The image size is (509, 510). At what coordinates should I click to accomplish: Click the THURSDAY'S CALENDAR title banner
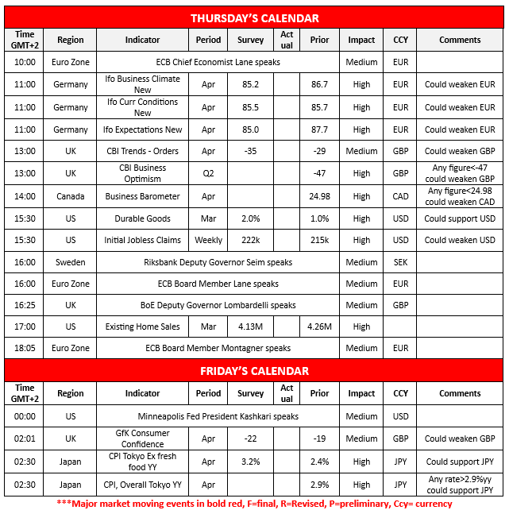point(254,17)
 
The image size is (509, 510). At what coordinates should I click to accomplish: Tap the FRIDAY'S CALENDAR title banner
point(254,370)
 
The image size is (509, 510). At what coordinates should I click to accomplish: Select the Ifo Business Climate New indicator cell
point(142,84)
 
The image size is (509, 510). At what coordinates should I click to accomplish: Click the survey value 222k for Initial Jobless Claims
point(251,240)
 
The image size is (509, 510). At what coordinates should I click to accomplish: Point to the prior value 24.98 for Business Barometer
point(319,196)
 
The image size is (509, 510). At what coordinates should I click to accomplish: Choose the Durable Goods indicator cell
point(142,218)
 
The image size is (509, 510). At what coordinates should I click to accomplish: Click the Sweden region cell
point(70,262)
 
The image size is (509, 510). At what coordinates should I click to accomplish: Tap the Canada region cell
point(70,196)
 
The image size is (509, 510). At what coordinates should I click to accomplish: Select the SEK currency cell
point(401,262)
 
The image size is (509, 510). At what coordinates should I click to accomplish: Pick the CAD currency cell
point(401,196)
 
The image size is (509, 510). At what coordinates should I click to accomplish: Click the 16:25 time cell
point(25,305)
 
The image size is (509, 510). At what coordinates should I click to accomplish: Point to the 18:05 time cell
point(25,348)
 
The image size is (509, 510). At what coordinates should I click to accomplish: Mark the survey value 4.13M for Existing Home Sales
point(251,326)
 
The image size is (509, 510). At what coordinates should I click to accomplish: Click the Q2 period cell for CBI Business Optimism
point(208,173)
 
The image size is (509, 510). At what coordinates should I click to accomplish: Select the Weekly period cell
point(208,240)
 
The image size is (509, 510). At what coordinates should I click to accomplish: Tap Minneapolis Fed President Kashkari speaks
point(218,416)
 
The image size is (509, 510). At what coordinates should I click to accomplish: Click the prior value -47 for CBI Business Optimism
point(319,173)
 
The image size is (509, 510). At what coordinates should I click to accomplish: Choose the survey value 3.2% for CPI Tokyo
point(251,461)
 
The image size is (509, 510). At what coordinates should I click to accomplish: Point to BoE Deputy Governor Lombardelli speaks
point(218,305)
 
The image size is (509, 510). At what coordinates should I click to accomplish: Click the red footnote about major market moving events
point(254,502)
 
